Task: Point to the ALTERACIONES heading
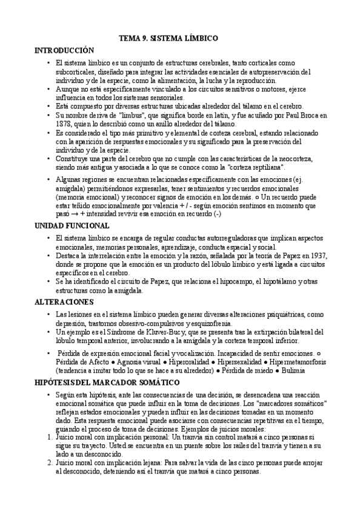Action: tap(65, 301)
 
